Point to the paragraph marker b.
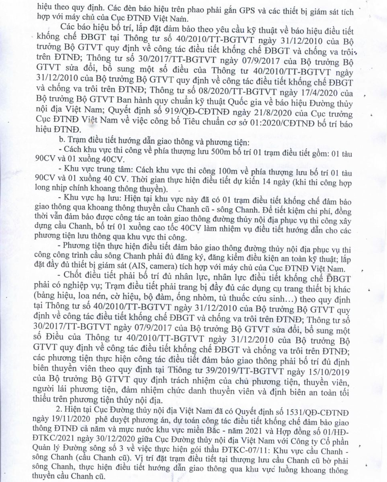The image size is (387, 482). click(x=61, y=141)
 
